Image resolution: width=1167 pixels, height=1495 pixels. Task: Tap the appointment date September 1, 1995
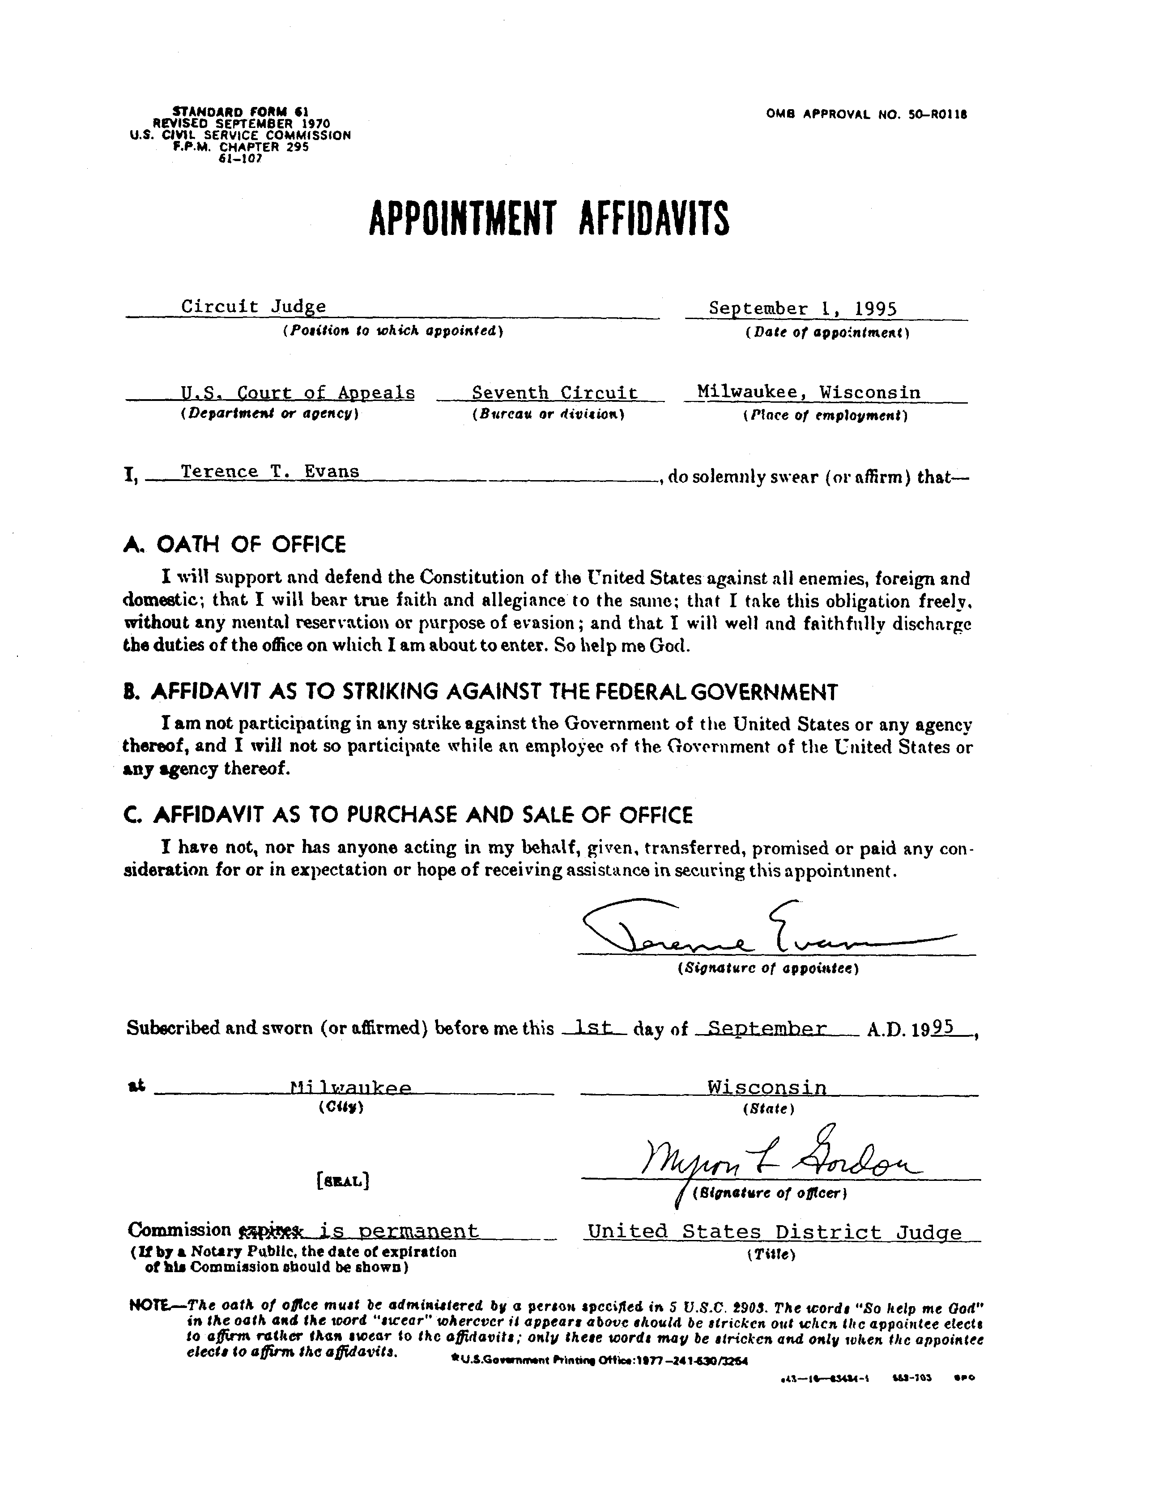802,309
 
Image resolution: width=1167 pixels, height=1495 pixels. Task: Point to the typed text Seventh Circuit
554,393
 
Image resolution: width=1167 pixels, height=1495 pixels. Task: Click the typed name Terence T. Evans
270,472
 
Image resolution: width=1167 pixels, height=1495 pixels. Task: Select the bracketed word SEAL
343,1181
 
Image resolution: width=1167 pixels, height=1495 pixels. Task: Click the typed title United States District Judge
775,1232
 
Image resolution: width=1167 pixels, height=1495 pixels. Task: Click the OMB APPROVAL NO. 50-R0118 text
866,114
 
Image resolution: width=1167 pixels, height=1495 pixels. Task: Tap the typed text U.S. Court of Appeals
298,393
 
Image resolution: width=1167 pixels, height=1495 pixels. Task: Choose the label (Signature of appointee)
767,969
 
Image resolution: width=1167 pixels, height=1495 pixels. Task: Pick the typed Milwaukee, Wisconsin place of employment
808,392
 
